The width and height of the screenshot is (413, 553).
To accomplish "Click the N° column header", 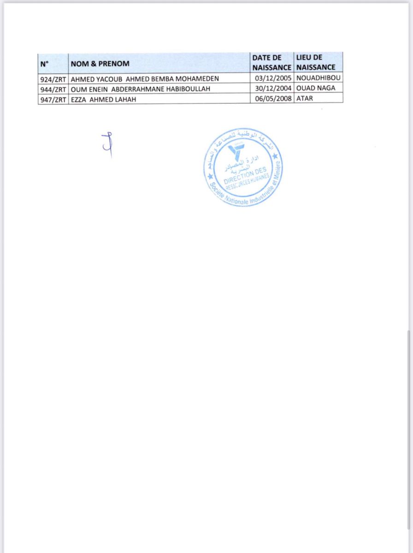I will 45,63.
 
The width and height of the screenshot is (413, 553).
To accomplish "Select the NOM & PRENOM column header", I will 100,63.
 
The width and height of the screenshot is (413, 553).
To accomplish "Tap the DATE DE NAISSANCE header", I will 272,62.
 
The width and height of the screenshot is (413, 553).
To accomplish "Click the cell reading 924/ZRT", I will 53,79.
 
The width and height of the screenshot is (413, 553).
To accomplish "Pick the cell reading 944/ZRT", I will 53,88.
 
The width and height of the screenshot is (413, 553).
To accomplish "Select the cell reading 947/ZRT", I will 53,99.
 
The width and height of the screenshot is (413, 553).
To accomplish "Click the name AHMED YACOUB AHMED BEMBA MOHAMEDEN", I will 145,79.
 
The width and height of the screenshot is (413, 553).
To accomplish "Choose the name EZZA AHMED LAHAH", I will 104,99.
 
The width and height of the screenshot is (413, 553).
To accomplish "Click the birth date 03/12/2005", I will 273,78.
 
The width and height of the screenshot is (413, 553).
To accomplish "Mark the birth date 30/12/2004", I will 273,88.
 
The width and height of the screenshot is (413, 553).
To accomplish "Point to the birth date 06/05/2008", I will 273,98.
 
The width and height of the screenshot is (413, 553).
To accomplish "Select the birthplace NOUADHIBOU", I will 319,78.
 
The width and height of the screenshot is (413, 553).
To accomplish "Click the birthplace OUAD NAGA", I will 316,88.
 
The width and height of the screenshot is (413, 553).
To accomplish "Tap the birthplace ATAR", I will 305,98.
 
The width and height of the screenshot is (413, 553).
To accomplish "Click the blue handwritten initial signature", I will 108,144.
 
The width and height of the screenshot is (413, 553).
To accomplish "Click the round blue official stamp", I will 243,167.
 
